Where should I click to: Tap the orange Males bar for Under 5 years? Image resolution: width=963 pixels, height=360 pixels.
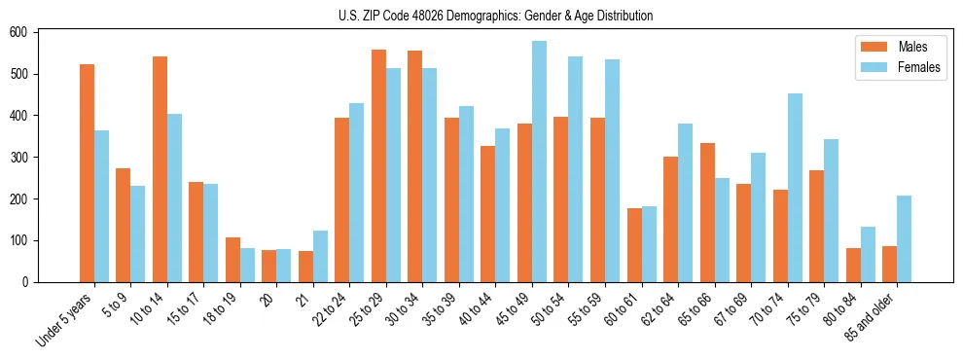click(x=87, y=173)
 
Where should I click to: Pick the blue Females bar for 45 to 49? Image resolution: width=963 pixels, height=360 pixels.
click(x=539, y=162)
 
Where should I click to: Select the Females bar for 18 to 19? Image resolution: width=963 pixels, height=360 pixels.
click(x=247, y=266)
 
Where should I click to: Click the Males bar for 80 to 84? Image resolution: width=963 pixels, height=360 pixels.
click(x=853, y=265)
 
